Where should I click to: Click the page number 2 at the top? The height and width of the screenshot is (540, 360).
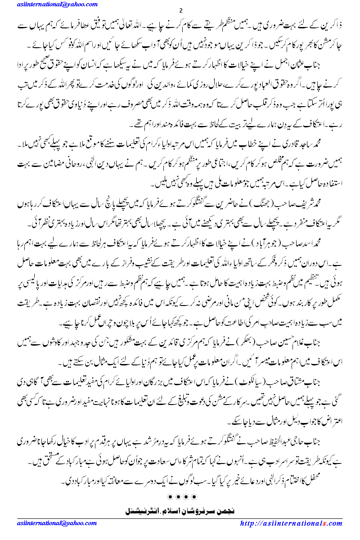180,10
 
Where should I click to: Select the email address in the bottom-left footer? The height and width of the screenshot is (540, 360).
50,523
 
